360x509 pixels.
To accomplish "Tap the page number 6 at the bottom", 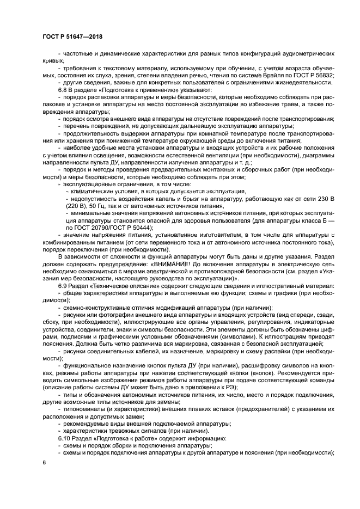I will click(44, 462).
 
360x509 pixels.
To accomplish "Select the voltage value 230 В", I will click(324, 200).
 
